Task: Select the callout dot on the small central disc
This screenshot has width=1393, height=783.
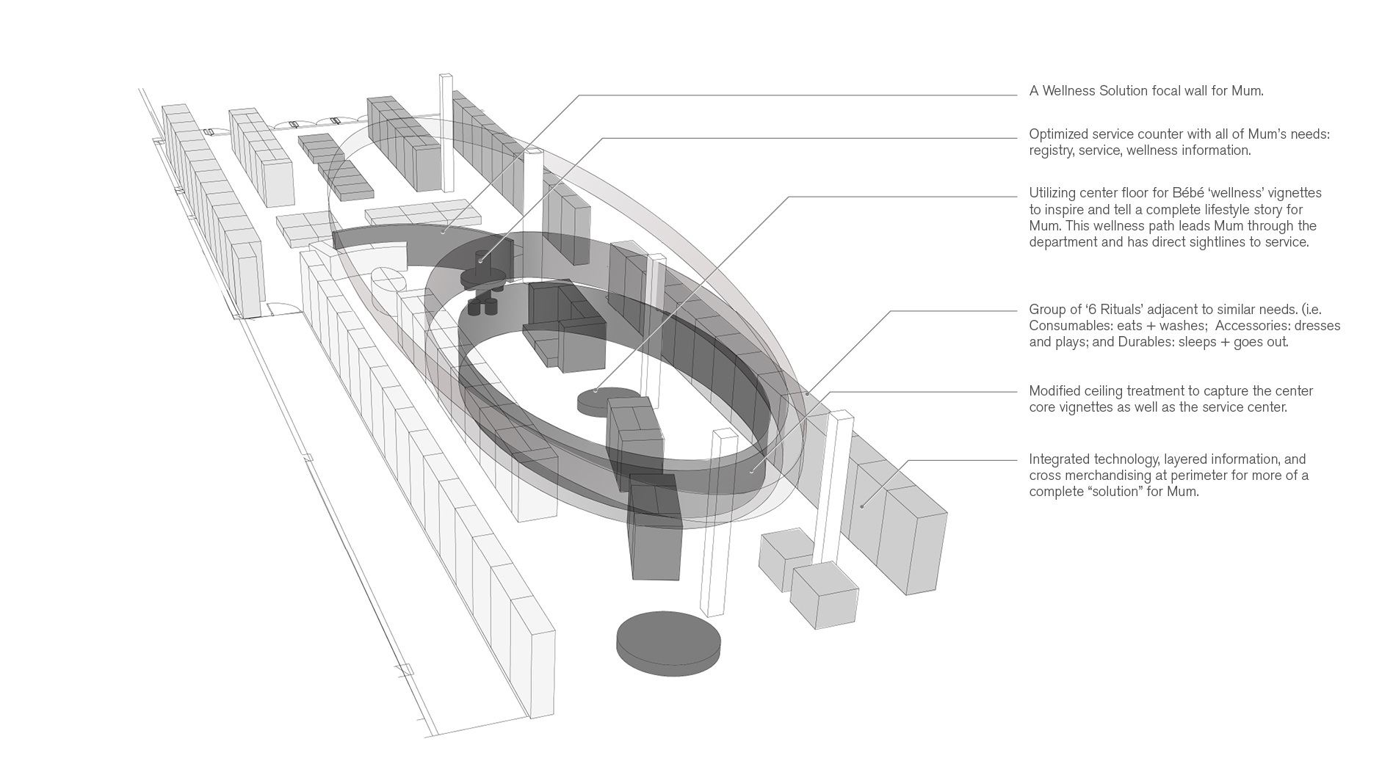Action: click(596, 390)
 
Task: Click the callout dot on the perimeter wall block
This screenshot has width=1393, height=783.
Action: click(862, 505)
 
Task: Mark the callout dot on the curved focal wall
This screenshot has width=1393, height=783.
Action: click(443, 233)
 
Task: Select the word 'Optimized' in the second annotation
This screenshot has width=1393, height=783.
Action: click(1058, 134)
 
